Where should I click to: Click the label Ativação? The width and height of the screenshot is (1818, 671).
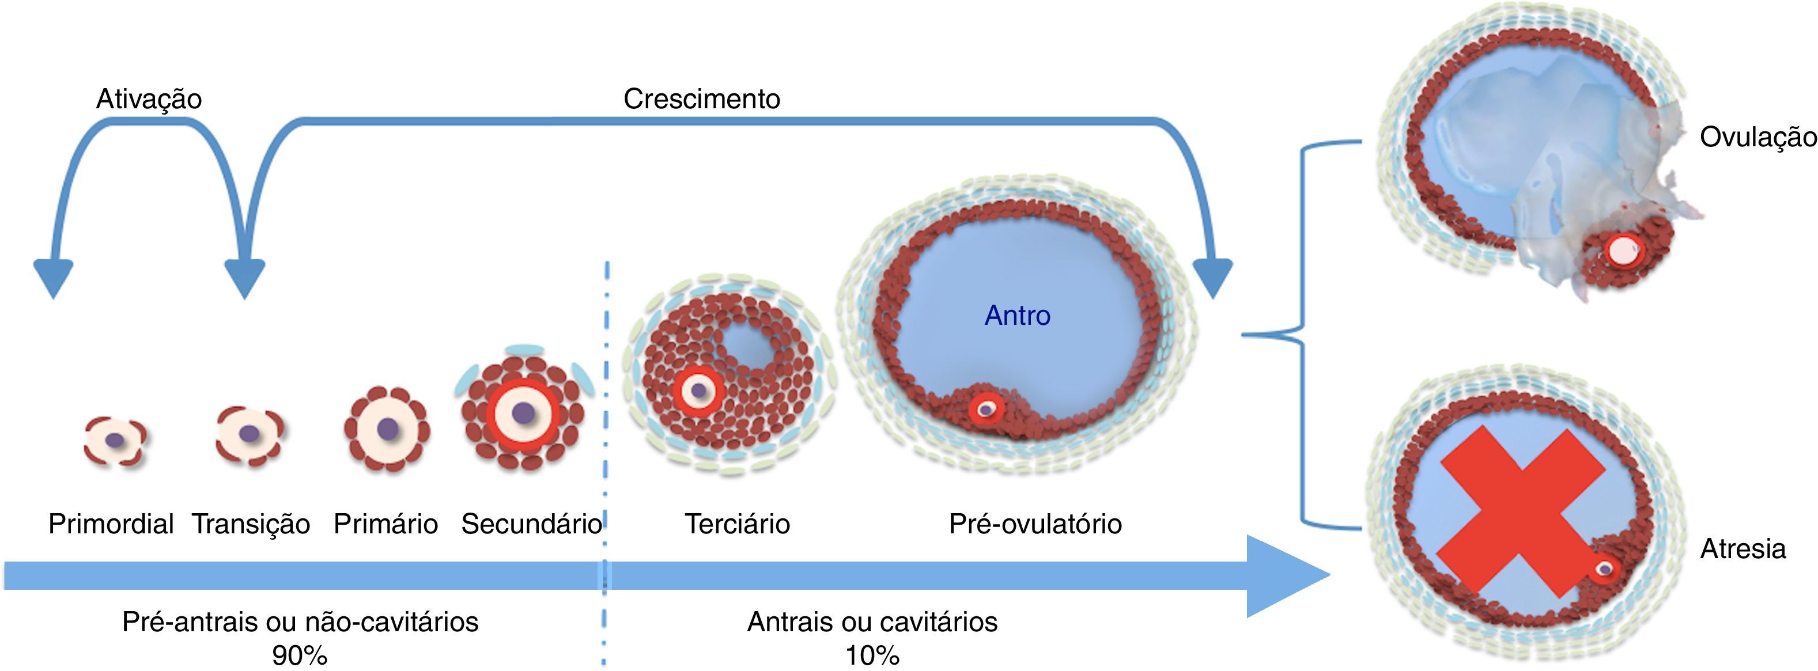(149, 99)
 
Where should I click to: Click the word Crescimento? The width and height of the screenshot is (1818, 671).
(701, 99)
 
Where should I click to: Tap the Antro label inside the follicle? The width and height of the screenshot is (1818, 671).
(1017, 316)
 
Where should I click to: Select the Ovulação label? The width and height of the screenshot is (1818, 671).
(1757, 137)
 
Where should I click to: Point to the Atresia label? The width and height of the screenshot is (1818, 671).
(1743, 548)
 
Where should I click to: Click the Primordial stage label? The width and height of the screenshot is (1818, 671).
(111, 524)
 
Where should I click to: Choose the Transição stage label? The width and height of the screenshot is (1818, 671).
(251, 524)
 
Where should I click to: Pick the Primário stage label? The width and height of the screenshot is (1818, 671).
(385, 524)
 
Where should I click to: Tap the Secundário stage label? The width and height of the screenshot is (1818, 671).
(531, 524)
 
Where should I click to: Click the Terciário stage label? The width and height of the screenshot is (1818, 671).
(737, 524)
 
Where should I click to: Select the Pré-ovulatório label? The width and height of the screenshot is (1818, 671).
(1035, 524)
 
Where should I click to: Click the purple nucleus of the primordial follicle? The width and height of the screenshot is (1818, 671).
(115, 440)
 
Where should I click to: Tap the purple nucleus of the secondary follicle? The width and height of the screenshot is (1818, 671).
(523, 413)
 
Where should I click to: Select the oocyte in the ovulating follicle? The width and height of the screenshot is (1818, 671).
(1622, 250)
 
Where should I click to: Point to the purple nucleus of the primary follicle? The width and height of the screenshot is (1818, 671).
(387, 427)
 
